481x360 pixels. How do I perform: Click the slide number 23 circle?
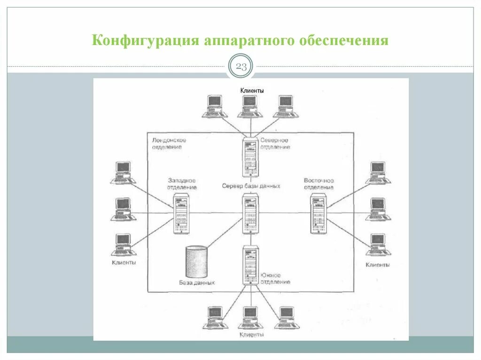point(240,67)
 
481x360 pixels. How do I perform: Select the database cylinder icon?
point(196,261)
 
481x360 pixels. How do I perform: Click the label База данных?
point(197,283)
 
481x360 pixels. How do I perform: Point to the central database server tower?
point(250,213)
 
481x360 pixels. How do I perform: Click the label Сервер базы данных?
point(251,186)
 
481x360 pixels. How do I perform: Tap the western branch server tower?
point(181,214)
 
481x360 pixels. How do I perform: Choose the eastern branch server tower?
point(318,214)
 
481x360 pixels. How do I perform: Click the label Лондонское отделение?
point(169,144)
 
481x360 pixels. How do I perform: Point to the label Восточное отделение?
point(318,184)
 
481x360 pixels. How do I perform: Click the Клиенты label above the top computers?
point(252,90)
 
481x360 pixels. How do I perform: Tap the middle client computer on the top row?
point(249,107)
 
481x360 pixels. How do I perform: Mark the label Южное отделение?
point(274,278)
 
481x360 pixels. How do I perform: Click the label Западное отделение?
point(181,184)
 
